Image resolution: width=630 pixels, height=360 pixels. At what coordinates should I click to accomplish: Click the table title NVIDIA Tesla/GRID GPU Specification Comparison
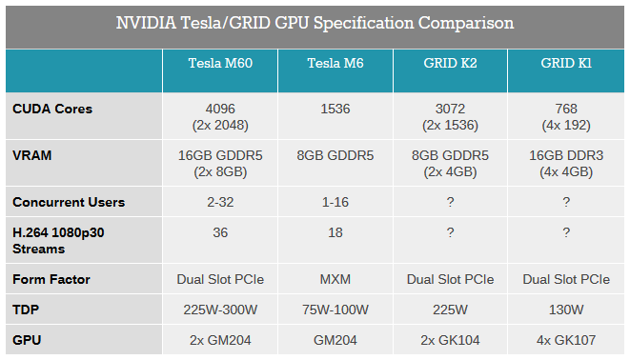(315, 23)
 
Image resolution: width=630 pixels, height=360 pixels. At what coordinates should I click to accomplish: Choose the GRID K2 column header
(450, 64)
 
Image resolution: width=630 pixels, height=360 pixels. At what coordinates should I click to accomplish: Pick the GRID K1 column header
(566, 64)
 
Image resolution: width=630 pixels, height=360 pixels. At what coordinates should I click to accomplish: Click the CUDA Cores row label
(52, 109)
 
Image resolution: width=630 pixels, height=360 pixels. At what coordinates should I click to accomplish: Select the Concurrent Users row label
(69, 202)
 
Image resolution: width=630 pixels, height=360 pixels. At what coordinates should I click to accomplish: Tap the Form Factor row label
(51, 280)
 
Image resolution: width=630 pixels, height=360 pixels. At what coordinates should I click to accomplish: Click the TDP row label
(26, 310)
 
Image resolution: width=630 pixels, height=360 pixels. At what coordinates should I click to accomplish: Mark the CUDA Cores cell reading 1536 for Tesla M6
(335, 109)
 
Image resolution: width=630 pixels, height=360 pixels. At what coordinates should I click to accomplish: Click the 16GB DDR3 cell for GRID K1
(566, 155)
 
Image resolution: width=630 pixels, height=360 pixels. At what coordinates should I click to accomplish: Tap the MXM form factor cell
(335, 280)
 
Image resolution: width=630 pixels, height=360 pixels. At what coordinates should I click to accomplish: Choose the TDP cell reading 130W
(566, 310)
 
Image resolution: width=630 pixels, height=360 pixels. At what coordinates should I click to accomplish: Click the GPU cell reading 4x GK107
(566, 338)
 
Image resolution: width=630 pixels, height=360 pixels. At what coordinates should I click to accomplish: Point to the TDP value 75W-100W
(335, 310)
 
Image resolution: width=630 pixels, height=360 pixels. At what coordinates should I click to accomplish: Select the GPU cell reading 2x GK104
(450, 338)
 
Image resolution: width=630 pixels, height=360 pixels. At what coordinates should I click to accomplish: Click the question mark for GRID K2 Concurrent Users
(450, 202)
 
